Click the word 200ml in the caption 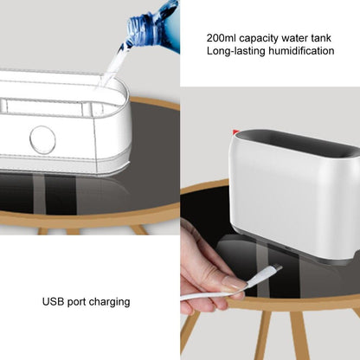[222, 38]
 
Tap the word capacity [259, 39]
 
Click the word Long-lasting [235, 51]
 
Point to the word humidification [301, 51]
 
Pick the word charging [109, 302]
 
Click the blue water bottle [153, 28]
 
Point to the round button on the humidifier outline [42, 139]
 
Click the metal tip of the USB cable [278, 267]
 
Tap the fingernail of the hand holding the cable [234, 283]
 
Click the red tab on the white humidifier [235, 132]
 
